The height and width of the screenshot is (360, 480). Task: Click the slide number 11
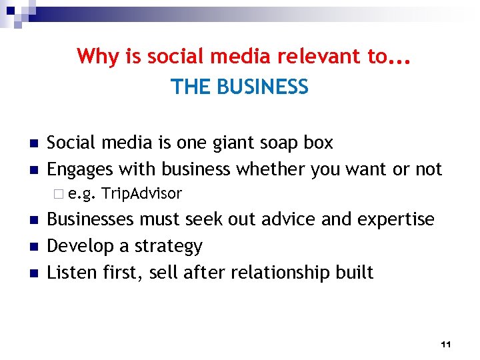click(447, 344)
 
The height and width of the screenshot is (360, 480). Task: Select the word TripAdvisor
click(143, 194)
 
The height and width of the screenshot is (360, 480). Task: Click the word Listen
click(69, 272)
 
